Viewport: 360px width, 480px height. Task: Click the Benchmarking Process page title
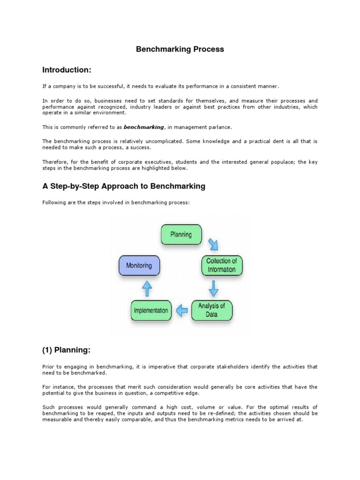click(x=180, y=49)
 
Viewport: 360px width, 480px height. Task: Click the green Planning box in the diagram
click(x=181, y=234)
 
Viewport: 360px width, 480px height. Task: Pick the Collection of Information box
click(x=222, y=265)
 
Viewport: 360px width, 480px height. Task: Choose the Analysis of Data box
click(x=211, y=310)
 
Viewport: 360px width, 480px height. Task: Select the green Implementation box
click(x=151, y=310)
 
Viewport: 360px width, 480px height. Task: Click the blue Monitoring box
click(x=139, y=265)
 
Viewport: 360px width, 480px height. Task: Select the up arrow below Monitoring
click(x=147, y=287)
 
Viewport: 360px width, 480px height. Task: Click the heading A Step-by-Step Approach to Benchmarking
click(x=124, y=186)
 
